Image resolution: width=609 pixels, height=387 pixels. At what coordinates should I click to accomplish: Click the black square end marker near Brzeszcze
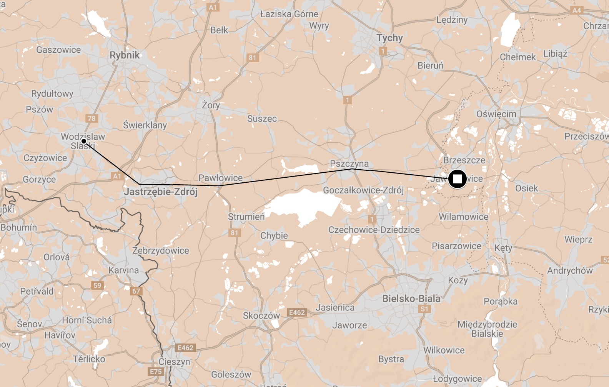[x=457, y=179]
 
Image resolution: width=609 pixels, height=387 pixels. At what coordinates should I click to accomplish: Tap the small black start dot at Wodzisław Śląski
[x=83, y=141]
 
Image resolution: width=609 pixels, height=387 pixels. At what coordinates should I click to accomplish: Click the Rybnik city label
[x=125, y=55]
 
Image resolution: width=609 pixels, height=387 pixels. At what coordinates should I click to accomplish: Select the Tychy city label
[x=389, y=38]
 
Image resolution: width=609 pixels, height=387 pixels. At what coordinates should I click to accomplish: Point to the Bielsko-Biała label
[x=411, y=299]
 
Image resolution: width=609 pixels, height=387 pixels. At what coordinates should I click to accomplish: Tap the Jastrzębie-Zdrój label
[x=161, y=192]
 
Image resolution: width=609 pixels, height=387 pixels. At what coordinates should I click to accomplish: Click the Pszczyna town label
[x=349, y=164]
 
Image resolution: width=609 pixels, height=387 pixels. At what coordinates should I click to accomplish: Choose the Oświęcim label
[x=496, y=114]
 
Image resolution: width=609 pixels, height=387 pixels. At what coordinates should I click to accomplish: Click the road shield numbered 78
[x=92, y=118]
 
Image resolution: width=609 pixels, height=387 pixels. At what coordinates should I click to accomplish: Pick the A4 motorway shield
[x=577, y=10]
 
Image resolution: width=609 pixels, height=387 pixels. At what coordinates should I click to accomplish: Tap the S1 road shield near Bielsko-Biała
[x=424, y=309]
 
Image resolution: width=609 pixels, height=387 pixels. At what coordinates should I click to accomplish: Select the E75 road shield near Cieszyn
[x=156, y=372]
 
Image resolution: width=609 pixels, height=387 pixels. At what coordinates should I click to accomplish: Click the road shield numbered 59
[x=97, y=285]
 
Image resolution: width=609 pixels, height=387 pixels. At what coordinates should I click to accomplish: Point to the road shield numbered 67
[x=136, y=291]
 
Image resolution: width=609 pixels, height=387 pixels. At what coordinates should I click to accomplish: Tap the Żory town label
[x=211, y=105]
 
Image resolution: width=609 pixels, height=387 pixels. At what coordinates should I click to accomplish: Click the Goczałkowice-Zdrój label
[x=363, y=190]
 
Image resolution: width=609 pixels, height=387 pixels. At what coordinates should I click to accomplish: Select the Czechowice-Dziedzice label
[x=374, y=230]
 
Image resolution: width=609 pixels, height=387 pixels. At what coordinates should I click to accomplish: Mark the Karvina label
[x=123, y=270]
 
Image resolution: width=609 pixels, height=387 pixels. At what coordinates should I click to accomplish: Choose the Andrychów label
[x=570, y=270]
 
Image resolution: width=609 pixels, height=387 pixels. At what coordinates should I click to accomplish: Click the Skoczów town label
[x=261, y=315]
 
